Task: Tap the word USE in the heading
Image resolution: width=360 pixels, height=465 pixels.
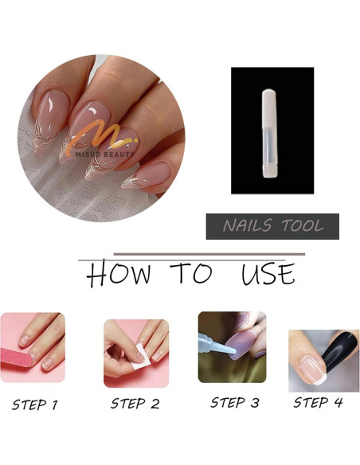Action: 268,274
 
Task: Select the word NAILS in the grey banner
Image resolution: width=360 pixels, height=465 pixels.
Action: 247,225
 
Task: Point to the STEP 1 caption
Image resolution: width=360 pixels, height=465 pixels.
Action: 35,404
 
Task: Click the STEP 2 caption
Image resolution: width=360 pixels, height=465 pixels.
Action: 135,404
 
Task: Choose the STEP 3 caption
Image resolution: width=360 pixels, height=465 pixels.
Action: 235,403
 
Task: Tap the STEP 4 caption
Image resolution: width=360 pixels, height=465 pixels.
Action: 318,402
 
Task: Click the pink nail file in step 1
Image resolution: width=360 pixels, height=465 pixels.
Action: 16,357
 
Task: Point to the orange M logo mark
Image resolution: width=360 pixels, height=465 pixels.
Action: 100,138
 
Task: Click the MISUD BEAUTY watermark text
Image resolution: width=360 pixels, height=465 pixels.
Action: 105,154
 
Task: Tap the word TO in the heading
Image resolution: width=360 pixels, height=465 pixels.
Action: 191,273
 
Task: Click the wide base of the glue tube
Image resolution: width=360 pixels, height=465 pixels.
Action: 270,171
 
